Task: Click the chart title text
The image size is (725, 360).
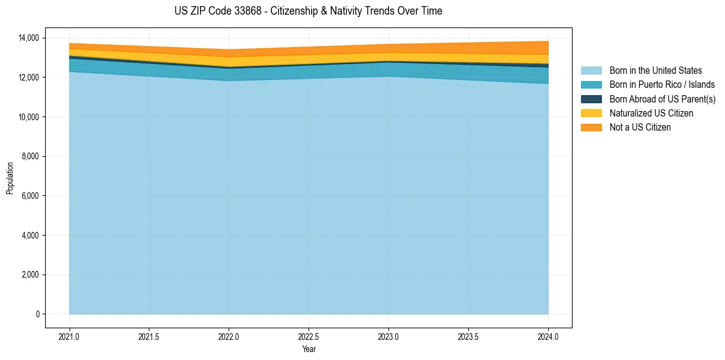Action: (x=308, y=11)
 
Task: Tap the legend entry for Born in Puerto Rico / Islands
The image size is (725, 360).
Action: (x=662, y=85)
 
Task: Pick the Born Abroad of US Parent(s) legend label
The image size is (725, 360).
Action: (x=662, y=99)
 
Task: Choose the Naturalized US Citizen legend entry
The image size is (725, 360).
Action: (x=651, y=113)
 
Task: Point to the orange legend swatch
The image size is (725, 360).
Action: (x=591, y=127)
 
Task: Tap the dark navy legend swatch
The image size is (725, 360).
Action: (x=591, y=99)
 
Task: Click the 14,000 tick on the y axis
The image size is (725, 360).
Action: (x=28, y=38)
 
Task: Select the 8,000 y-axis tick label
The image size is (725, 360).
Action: (x=30, y=156)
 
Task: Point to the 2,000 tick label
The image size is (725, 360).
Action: (x=30, y=275)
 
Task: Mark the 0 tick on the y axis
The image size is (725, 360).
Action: (x=37, y=314)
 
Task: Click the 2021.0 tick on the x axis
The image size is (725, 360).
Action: (x=70, y=336)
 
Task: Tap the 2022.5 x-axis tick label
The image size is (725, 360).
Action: (x=309, y=336)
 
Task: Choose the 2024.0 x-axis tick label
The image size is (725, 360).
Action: (x=548, y=336)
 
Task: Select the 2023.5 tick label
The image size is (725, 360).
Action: (x=468, y=336)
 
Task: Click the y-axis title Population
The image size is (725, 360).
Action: (x=10, y=178)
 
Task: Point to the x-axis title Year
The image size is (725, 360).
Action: (x=309, y=349)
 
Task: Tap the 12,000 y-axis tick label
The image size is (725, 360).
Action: (x=28, y=77)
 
